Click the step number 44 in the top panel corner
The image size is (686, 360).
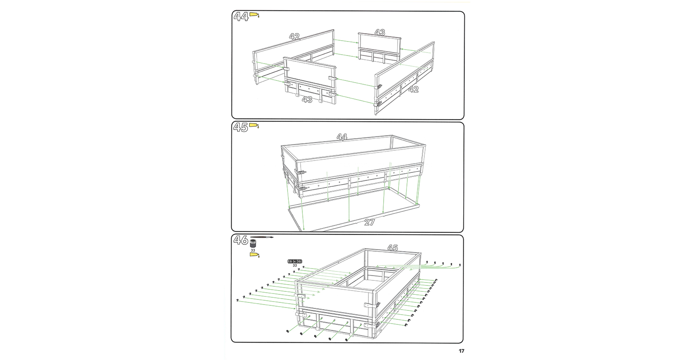tap(241, 16)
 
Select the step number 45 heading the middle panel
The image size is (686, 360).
tap(241, 127)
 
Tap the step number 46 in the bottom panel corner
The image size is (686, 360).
tap(241, 240)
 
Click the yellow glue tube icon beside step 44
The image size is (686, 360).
tap(254, 15)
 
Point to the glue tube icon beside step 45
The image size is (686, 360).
tap(254, 125)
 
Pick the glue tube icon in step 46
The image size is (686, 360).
tap(254, 255)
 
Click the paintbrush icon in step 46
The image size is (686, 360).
tap(262, 237)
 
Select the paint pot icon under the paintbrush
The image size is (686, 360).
tap(253, 244)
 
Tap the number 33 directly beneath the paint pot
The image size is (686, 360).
tap(253, 250)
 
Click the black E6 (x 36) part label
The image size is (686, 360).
tap(295, 261)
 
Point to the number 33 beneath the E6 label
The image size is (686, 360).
tap(295, 265)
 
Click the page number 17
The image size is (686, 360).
tap(461, 351)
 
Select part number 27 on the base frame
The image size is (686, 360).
tap(369, 222)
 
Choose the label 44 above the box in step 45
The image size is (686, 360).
tap(342, 137)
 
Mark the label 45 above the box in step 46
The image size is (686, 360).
tap(393, 248)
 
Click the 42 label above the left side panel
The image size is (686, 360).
tap(294, 36)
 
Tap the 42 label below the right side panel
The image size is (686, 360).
tap(413, 89)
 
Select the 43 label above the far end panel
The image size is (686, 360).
tap(380, 32)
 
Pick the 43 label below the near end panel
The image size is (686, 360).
tap(307, 99)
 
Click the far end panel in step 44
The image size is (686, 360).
tap(379, 48)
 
